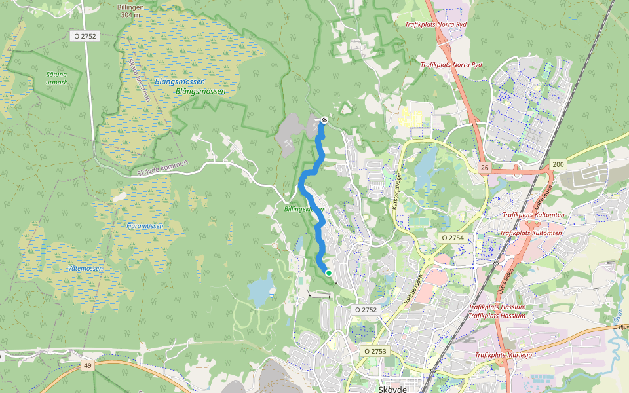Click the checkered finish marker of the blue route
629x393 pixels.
coord(324,119)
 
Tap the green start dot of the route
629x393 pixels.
coord(328,273)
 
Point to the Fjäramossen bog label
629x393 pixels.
coord(145,225)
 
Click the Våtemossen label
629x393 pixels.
coord(85,269)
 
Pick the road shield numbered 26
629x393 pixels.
coord(484,168)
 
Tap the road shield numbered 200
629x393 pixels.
coord(558,164)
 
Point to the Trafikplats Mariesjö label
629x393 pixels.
coord(503,355)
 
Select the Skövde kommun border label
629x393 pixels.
coord(163,168)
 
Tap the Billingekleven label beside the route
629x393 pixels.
coord(303,209)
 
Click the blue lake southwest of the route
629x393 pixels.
coord(261,289)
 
